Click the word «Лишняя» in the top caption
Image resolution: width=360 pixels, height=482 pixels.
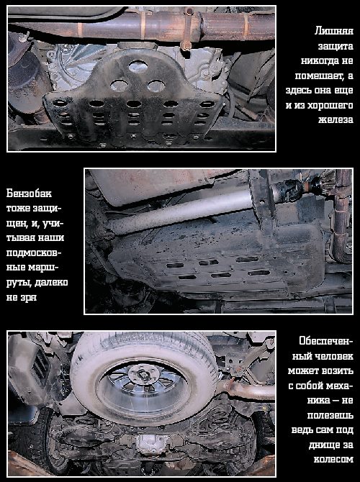point(333,31)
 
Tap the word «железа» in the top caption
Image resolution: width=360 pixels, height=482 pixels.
point(336,119)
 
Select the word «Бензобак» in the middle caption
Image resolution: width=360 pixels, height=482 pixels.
point(30,194)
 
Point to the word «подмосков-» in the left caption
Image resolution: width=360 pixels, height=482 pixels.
point(34,253)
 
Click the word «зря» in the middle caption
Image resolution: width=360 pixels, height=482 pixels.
point(29,298)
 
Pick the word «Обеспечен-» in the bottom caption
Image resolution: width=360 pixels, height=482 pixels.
point(326,341)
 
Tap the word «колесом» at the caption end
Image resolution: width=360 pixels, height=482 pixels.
point(333,459)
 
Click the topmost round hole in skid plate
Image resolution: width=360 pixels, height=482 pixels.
point(138,66)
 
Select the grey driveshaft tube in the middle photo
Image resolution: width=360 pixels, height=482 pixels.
point(181,212)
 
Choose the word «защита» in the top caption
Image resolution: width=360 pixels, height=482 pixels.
point(336,46)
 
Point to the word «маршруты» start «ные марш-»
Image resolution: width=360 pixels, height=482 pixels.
point(32,268)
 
